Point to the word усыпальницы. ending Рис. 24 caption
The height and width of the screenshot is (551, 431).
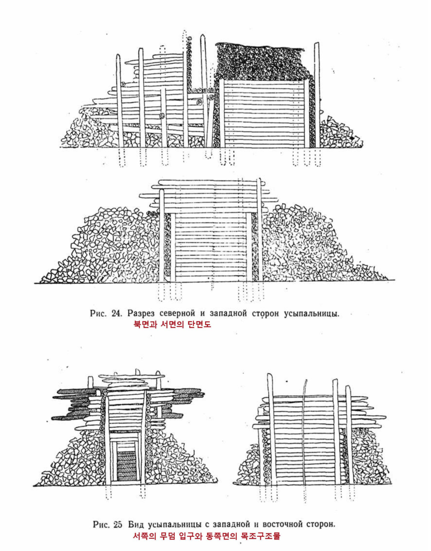312,313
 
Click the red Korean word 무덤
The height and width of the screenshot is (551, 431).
168,536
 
